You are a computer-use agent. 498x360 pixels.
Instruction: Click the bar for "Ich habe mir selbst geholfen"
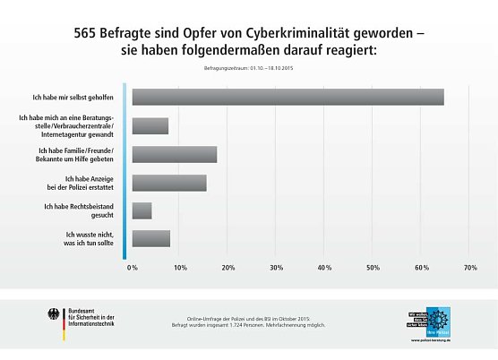coord(288,98)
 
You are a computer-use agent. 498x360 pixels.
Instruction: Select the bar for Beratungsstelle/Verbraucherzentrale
coord(150,126)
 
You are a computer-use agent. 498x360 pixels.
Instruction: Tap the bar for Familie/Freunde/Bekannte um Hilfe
coord(175,154)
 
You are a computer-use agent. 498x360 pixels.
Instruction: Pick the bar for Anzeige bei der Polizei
coord(169,183)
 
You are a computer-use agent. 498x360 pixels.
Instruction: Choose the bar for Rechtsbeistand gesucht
coord(142,210)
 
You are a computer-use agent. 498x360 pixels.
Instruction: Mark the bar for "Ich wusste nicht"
coord(151,238)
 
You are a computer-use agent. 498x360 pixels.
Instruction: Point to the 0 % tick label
coord(132,267)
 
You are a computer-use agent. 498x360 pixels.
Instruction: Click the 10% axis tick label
coord(180,267)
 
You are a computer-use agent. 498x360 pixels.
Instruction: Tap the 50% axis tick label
coord(372,267)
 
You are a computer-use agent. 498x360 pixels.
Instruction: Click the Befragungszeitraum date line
coord(248,69)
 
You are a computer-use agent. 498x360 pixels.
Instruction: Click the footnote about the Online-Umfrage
coord(247,321)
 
